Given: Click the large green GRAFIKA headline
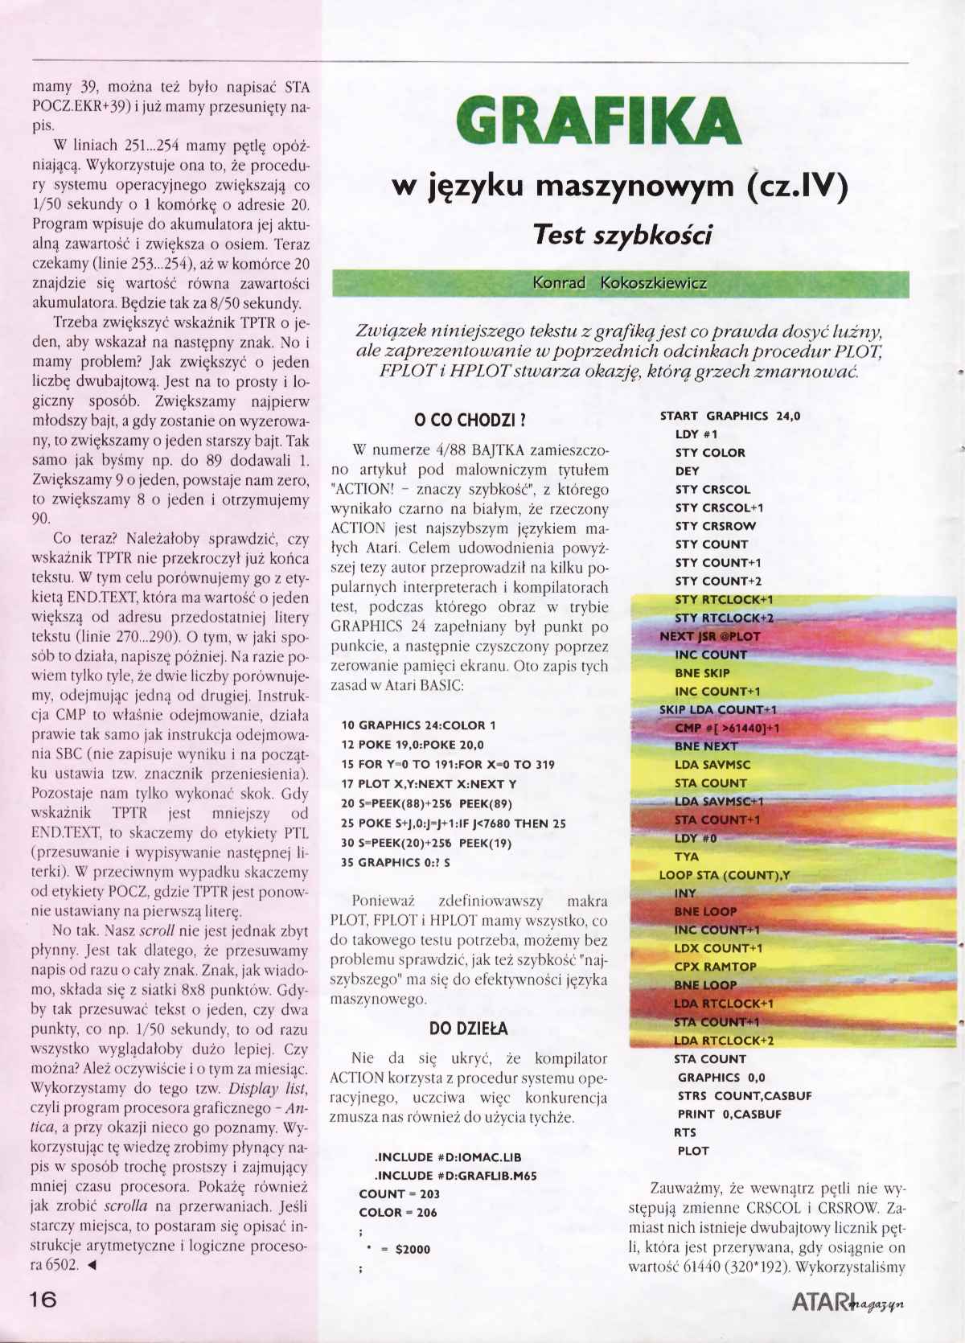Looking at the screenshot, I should tap(597, 121).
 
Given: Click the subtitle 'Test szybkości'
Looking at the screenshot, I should tap(623, 234).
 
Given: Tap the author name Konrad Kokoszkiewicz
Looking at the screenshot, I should tap(620, 283).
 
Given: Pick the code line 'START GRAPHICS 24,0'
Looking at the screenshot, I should tap(729, 416).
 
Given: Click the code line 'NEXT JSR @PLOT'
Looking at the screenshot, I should tap(709, 636).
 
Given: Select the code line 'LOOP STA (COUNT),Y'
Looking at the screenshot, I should tap(724, 875).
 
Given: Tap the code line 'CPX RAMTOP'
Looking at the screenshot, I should tap(716, 967).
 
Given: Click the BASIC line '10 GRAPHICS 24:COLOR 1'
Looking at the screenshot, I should tap(419, 725).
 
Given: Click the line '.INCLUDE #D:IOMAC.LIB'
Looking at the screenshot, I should tap(448, 1157).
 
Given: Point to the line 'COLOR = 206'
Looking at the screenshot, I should tap(398, 1212).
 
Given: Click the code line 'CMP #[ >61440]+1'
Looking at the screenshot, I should tap(728, 728).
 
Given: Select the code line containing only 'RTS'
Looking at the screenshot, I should tap(685, 1132).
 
